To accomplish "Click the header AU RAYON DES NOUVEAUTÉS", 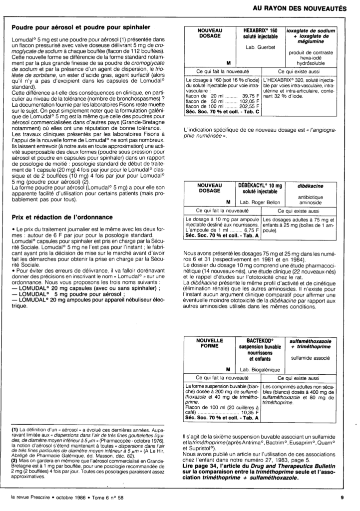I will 300,8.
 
